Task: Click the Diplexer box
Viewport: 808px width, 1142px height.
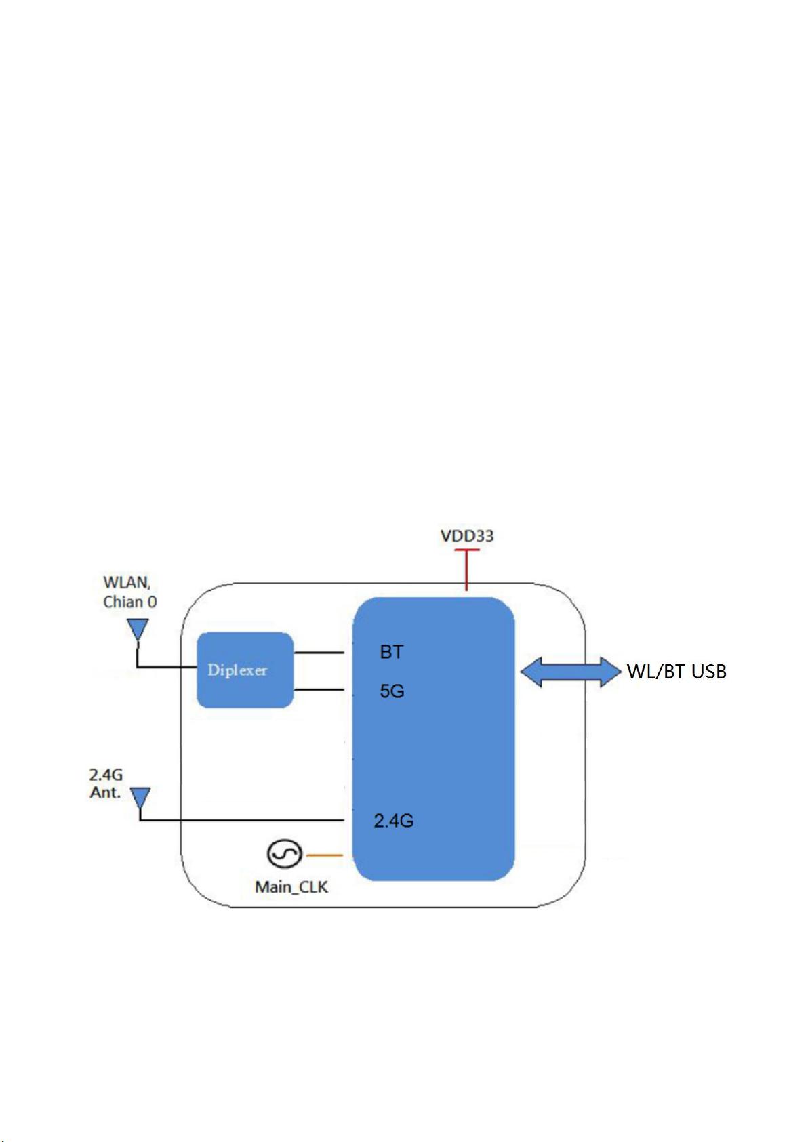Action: coord(245,670)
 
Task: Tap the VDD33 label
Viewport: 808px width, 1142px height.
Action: coord(467,536)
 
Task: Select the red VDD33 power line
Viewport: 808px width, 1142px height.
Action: coord(466,570)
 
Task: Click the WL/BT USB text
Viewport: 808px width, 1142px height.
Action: coord(676,672)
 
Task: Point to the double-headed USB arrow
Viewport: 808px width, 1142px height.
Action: coord(571,672)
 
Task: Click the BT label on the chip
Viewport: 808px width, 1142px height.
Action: coord(392,652)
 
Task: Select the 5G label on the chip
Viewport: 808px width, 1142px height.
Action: coord(392,691)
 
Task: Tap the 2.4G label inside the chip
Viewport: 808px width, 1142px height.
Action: coord(394,820)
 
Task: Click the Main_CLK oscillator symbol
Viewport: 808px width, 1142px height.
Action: coord(285,854)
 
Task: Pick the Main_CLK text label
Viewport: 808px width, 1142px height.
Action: coord(291,886)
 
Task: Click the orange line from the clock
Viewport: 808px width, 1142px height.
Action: coord(324,855)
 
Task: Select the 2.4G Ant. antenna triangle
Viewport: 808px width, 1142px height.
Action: coord(140,798)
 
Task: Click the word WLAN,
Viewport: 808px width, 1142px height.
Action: coord(127,582)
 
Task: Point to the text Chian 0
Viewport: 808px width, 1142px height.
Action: coord(130,602)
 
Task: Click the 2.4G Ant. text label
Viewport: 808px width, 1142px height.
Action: coord(106,783)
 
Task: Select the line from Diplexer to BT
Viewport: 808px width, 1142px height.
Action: coord(319,653)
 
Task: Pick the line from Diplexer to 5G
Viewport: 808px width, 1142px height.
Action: coord(319,690)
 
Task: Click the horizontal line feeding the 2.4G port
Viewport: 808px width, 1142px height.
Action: coord(241,820)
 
